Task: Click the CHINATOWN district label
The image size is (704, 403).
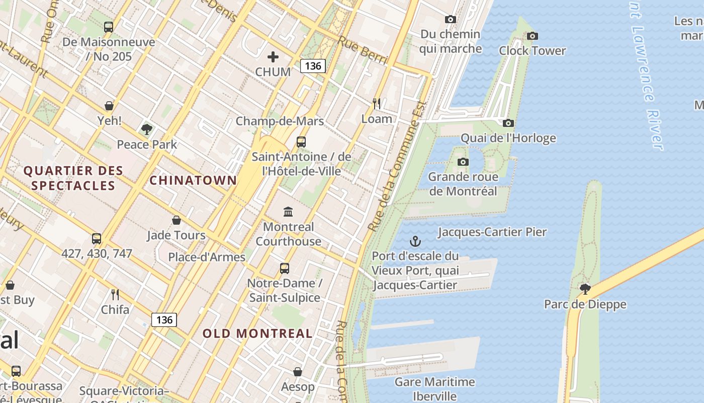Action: [193, 180]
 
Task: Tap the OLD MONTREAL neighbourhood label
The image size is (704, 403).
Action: [257, 333]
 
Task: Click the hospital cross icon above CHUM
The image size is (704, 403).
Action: [273, 57]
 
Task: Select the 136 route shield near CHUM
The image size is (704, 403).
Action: [313, 66]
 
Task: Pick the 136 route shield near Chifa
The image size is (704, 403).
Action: [164, 320]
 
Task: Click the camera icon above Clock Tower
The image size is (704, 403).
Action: [532, 36]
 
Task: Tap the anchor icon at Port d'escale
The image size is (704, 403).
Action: [415, 241]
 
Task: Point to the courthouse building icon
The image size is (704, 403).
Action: [288, 212]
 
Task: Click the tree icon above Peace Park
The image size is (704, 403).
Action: [147, 129]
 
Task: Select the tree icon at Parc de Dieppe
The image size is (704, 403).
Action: [585, 289]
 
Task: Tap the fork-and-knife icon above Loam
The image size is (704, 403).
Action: [377, 104]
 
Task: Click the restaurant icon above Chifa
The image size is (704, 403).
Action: [115, 294]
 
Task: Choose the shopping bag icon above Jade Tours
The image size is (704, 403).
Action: [177, 220]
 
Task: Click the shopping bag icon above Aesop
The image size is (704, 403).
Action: [298, 372]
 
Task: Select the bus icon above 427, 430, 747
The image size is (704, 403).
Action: [97, 239]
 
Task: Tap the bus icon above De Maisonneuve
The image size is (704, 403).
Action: [109, 27]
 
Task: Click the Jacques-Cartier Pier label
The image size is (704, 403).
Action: [492, 232]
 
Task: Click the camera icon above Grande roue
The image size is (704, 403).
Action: [463, 162]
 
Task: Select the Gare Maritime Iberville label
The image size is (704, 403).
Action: [434, 389]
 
